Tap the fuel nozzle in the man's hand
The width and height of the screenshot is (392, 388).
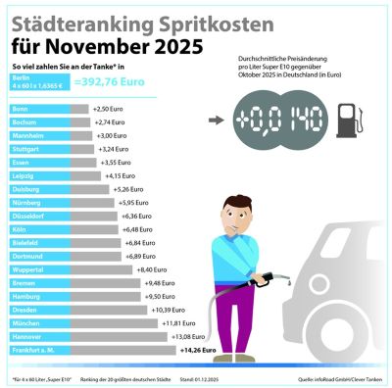(x=263, y=277)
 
